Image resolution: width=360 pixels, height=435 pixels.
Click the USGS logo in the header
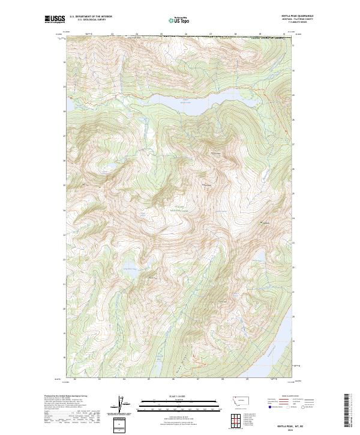coord(55,19)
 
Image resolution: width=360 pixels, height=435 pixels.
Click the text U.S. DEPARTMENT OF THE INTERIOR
coord(91,16)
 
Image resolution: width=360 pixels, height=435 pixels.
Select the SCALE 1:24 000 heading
coord(173,395)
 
